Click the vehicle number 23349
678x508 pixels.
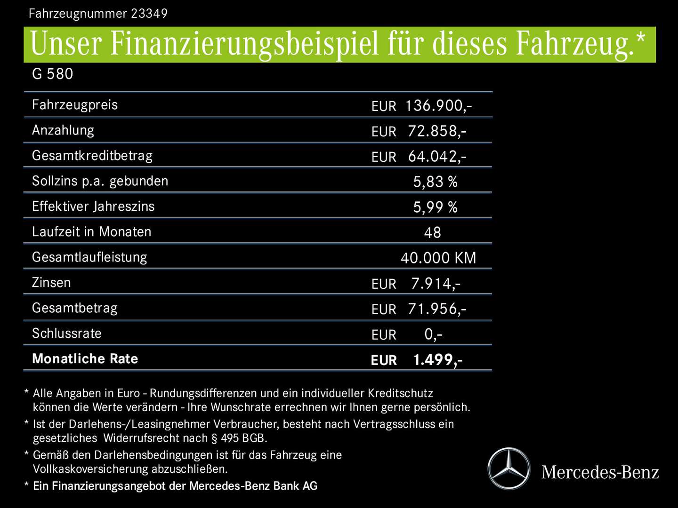pyautogui.click(x=149, y=13)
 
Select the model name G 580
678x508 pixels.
pyautogui.click(x=52, y=74)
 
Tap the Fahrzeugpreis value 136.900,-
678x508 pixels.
pyautogui.click(x=438, y=106)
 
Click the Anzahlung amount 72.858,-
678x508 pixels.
pyautogui.click(x=437, y=131)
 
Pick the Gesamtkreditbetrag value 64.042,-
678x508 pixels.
pyautogui.click(x=437, y=157)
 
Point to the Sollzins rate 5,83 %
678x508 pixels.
pyautogui.click(x=435, y=182)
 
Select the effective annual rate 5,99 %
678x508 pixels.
pyautogui.click(x=435, y=207)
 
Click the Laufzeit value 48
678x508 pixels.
pyautogui.click(x=432, y=233)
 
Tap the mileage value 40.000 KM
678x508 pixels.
pyautogui.click(x=438, y=258)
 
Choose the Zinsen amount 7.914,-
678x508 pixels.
pyautogui.click(x=436, y=284)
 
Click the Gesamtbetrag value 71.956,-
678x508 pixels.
pyautogui.click(x=437, y=309)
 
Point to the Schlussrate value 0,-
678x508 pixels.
pyautogui.click(x=433, y=334)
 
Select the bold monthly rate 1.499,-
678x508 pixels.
pyautogui.click(x=437, y=360)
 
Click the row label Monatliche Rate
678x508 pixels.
pyautogui.click(x=85, y=359)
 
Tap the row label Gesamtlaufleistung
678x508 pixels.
pyautogui.click(x=89, y=257)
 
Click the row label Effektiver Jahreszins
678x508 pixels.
pyautogui.click(x=93, y=206)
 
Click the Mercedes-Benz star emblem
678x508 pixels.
pyautogui.click(x=508, y=468)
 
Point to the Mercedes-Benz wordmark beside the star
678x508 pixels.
pyautogui.click(x=600, y=472)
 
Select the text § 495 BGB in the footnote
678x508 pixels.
pyautogui.click(x=239, y=438)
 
